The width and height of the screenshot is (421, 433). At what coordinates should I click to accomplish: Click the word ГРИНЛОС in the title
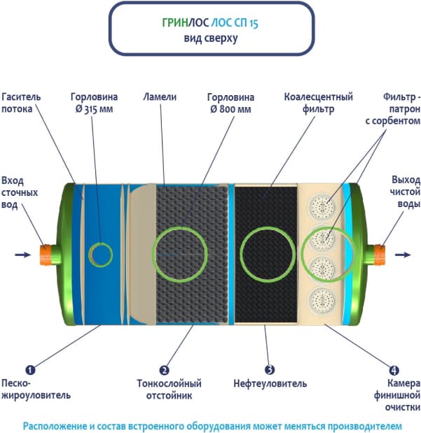tap(184, 22)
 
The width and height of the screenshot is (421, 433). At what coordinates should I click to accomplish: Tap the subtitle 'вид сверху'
tap(210, 39)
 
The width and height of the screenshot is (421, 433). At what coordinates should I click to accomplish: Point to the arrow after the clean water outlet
tap(403, 255)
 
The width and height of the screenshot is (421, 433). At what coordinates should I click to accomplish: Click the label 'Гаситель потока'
tap(22, 103)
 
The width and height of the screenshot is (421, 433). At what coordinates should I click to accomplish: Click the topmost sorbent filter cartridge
tap(323, 206)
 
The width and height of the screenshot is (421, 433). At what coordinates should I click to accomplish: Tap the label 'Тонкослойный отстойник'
tap(168, 389)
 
